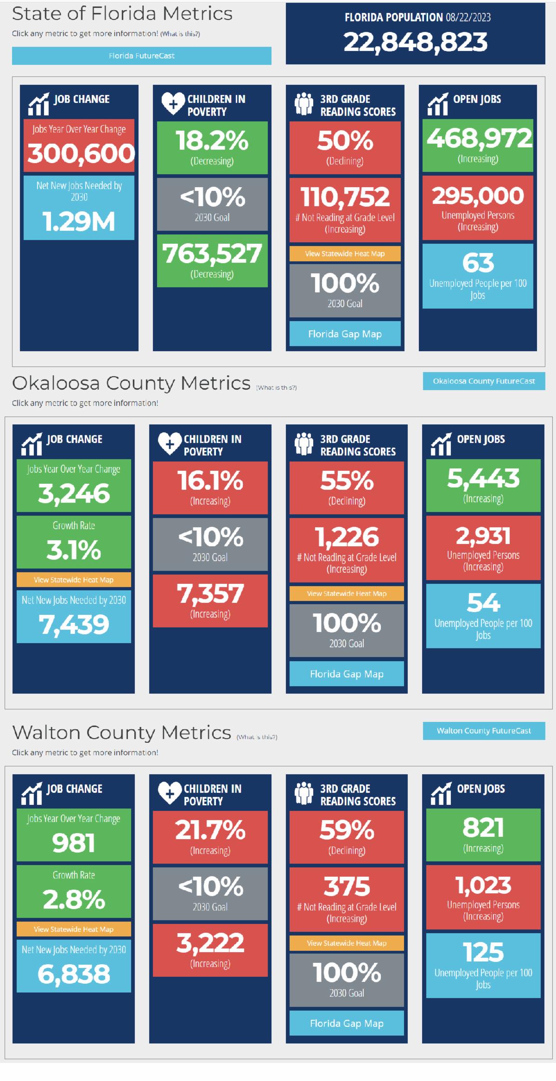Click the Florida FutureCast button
pyautogui.click(x=141, y=56)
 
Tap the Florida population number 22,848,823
pyautogui.click(x=415, y=42)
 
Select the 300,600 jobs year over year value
pyautogui.click(x=80, y=153)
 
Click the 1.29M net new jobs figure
pyautogui.click(x=79, y=221)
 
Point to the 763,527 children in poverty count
pyautogui.click(x=212, y=254)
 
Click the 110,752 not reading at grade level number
pyautogui.click(x=345, y=197)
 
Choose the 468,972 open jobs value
pyautogui.click(x=478, y=138)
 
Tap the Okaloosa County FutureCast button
pyautogui.click(x=484, y=381)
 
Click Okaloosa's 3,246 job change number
pyautogui.click(x=74, y=493)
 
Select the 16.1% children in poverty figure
pyautogui.click(x=210, y=480)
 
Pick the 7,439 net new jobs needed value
pyautogui.click(x=74, y=624)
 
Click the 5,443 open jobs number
pyautogui.click(x=483, y=478)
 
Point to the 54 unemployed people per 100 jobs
pyautogui.click(x=483, y=602)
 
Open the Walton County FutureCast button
pyautogui.click(x=484, y=730)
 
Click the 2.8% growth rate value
pyautogui.click(x=74, y=899)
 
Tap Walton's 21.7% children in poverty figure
pyautogui.click(x=210, y=830)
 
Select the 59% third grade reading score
pyautogui.click(x=347, y=830)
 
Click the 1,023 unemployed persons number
pyautogui.click(x=483, y=885)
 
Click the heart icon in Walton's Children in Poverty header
pyautogui.click(x=170, y=793)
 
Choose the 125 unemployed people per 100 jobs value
pyautogui.click(x=483, y=953)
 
